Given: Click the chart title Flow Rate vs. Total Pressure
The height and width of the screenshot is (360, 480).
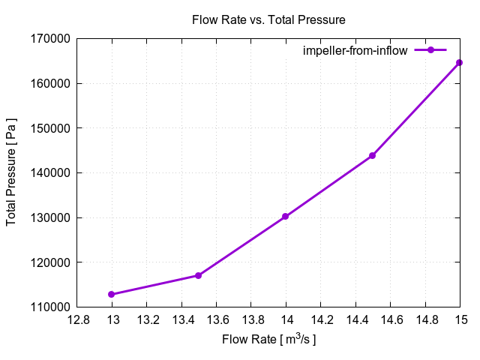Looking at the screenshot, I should click(268, 20).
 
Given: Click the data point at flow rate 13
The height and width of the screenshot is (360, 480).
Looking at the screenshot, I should click(112, 294).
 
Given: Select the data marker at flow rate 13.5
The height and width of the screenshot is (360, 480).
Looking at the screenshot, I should click(198, 275).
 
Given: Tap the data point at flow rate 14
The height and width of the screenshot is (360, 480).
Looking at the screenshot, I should click(286, 217).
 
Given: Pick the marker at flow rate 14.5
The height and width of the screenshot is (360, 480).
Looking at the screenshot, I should click(372, 155).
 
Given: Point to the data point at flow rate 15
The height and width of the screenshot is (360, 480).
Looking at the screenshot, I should click(460, 62).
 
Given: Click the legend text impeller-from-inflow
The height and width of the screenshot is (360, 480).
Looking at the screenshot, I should click(355, 50).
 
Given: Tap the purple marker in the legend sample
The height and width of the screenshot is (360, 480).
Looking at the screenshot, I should click(430, 50).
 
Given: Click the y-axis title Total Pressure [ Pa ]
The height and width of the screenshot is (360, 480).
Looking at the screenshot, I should click(11, 172).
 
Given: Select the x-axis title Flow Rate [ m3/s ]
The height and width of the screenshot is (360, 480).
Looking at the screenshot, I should click(268, 340).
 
